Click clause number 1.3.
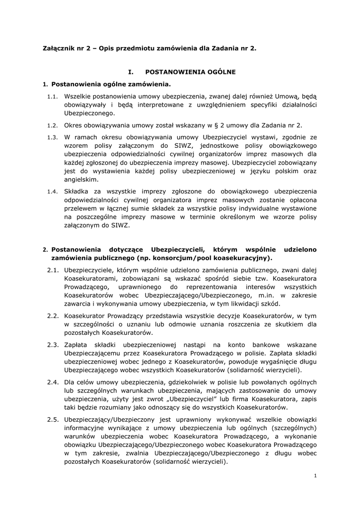[53, 137]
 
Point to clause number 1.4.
[53, 191]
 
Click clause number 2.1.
[54, 270]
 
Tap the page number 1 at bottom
[315, 476]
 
